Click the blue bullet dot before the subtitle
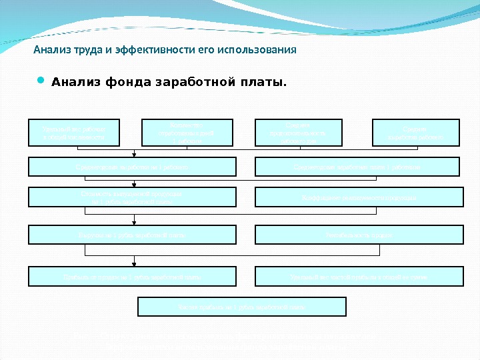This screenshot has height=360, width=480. [x=41, y=81]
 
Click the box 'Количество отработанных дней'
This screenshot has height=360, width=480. [x=187, y=133]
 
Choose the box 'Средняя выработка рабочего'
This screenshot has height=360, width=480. [x=416, y=133]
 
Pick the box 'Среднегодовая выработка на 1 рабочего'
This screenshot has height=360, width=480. [x=132, y=167]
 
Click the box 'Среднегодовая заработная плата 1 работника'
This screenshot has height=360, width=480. [x=358, y=167]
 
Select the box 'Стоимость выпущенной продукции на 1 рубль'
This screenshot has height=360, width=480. [x=132, y=197]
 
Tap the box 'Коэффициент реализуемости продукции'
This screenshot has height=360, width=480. [x=359, y=197]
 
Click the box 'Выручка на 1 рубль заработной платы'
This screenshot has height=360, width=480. [x=132, y=235]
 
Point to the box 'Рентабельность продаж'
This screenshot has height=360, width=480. [x=359, y=235]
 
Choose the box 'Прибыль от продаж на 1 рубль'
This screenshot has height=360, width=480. [x=132, y=276]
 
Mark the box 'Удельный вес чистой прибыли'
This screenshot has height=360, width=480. [x=359, y=276]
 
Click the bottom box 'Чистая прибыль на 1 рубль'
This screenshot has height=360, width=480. [x=241, y=307]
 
